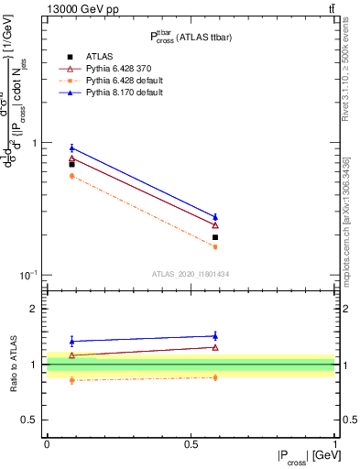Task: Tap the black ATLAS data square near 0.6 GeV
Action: click(215, 237)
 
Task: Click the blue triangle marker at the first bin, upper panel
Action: click(71, 148)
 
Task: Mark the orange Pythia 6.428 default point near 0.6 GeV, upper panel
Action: click(215, 246)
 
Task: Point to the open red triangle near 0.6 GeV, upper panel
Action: click(215, 224)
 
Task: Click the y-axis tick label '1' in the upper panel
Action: click(38, 144)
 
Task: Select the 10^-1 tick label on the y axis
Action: click(33, 275)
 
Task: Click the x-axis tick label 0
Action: click(47, 442)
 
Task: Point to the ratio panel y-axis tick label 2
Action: click(38, 310)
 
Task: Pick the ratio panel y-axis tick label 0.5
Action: click(34, 420)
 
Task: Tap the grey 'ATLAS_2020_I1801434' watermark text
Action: click(191, 274)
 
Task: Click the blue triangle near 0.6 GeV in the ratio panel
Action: click(215, 336)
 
